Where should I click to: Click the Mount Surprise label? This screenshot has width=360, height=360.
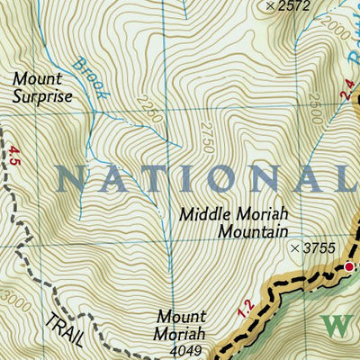click(41, 87)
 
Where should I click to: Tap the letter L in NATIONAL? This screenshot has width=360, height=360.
click(347, 177)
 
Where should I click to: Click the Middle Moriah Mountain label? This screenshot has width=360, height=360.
click(232, 222)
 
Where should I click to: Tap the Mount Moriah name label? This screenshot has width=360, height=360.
click(181, 325)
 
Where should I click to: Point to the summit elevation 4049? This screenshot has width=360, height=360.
click(182, 351)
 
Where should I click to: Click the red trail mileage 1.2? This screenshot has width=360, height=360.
click(243, 310)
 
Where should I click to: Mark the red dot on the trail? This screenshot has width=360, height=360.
click(350, 266)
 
